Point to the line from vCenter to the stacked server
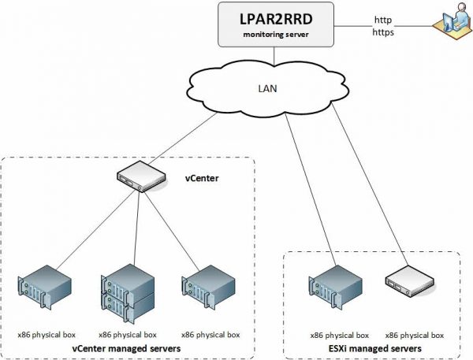point(132,228)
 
